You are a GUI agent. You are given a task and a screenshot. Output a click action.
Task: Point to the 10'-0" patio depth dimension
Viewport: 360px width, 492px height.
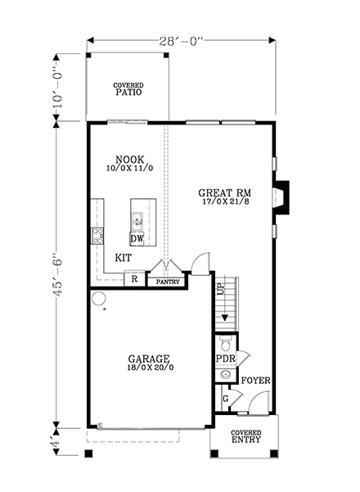[57, 87]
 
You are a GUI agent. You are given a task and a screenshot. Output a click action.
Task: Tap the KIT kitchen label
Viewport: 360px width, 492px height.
[124, 257]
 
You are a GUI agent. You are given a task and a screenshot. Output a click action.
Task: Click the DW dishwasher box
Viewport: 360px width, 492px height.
[137, 238]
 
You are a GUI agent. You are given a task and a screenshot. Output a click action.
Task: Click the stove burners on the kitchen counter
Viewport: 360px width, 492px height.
[97, 237]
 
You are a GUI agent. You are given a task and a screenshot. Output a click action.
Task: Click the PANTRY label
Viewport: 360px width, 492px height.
[167, 282]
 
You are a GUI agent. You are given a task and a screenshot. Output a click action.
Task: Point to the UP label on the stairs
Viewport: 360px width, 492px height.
[220, 289]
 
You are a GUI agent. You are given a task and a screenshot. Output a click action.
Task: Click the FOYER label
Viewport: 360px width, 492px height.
[255, 381]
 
